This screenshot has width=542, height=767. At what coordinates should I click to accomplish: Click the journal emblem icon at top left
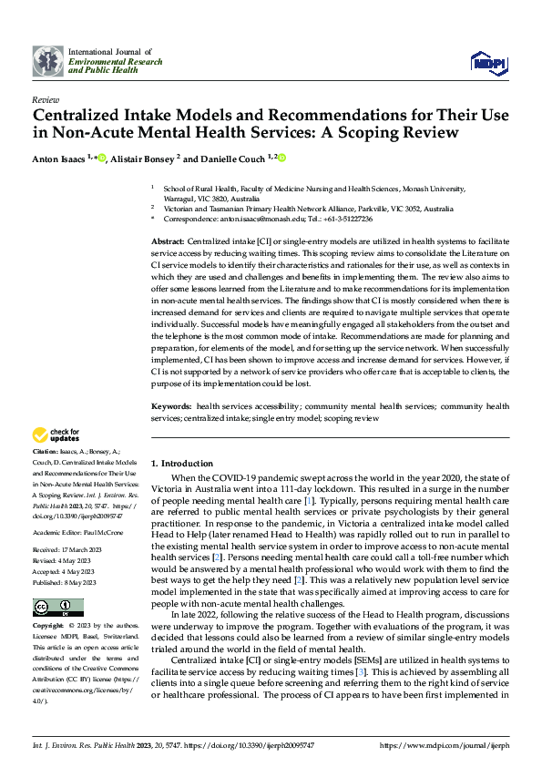coord(48,62)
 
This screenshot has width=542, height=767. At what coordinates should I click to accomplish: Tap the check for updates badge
coord(56,435)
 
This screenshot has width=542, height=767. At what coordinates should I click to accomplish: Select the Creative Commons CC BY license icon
coord(58,607)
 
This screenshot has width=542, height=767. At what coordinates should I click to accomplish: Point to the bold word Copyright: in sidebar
coord(48,627)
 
